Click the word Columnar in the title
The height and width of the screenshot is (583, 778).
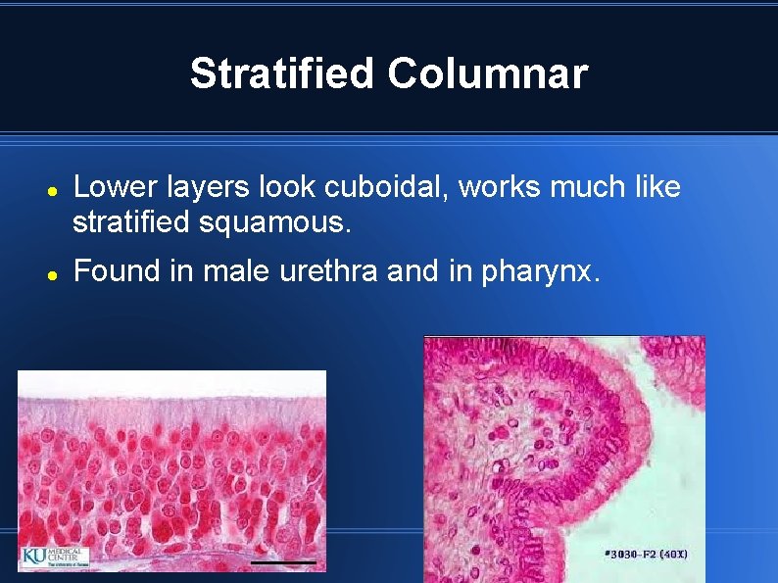click(x=487, y=73)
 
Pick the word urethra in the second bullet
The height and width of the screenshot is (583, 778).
click(x=335, y=270)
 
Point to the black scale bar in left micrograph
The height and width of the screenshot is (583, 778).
click(x=282, y=562)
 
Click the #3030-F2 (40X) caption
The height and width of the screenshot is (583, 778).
click(x=647, y=555)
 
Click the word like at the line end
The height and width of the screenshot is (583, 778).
click(x=656, y=187)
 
